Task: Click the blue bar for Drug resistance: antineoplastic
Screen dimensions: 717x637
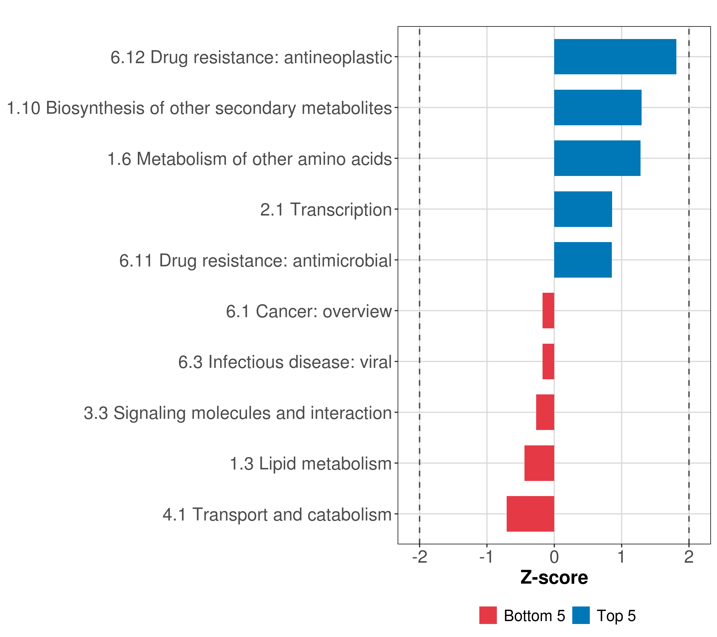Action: click(615, 57)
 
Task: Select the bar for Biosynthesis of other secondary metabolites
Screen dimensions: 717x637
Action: click(598, 108)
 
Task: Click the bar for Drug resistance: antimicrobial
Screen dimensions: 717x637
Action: click(583, 260)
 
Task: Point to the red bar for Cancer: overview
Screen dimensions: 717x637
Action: click(548, 311)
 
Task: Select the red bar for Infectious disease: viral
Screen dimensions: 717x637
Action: click(548, 361)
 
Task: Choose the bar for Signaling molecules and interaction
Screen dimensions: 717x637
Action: click(545, 412)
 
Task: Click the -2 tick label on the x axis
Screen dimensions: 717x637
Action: click(420, 557)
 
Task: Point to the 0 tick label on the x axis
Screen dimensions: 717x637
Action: click(554, 557)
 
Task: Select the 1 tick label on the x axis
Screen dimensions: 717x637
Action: click(622, 557)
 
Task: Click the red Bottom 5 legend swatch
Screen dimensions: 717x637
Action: click(488, 615)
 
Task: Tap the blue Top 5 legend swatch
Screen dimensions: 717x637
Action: click(581, 615)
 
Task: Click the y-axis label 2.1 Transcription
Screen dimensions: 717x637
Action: click(326, 210)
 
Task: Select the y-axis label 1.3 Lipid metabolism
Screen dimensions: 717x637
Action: click(311, 464)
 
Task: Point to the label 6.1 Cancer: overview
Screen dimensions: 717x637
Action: click(309, 311)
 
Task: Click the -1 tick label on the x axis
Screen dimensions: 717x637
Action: click(487, 557)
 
